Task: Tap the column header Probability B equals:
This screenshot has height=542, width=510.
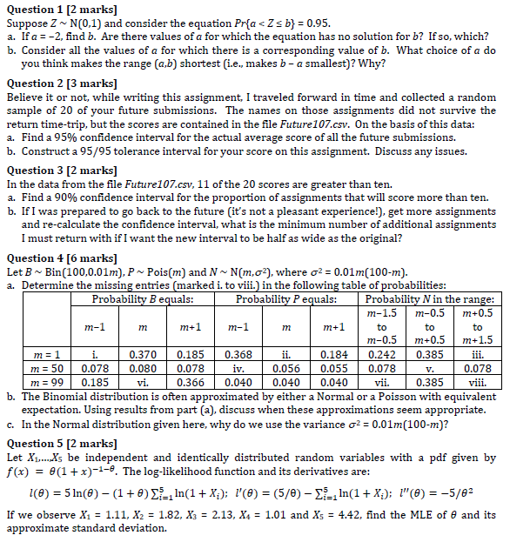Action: [143, 299]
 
